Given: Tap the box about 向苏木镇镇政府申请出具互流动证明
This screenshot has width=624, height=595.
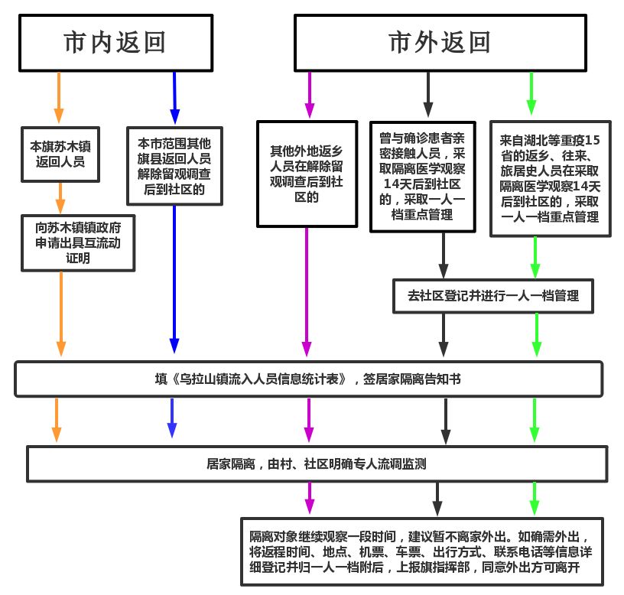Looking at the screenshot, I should [x=79, y=242].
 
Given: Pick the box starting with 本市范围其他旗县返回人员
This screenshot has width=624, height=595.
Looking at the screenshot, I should [x=175, y=166].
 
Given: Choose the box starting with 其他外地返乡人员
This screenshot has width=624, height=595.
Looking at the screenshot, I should [x=307, y=174].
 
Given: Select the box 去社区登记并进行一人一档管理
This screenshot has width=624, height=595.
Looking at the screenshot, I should [x=493, y=295].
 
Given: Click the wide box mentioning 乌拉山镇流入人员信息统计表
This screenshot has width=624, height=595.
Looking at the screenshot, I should [x=309, y=379].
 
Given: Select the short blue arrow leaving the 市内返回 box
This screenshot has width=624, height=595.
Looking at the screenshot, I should [x=175, y=96].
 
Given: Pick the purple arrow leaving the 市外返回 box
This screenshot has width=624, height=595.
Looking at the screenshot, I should [x=309, y=95].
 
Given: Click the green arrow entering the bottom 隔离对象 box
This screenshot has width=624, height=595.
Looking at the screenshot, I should [x=535, y=499].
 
